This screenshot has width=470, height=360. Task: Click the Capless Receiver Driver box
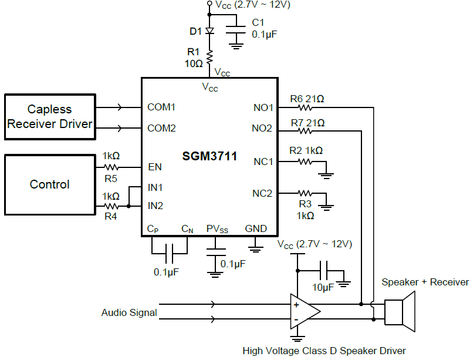pyautogui.click(x=50, y=116)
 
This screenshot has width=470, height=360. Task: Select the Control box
pyautogui.click(x=50, y=184)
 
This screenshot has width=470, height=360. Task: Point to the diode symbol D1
pyautogui.click(x=209, y=31)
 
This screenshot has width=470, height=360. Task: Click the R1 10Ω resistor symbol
pyautogui.click(x=209, y=56)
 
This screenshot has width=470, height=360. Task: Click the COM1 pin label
pyautogui.click(x=161, y=107)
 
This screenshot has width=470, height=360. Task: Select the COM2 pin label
pyautogui.click(x=161, y=128)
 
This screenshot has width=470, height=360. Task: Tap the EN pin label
pyautogui.click(x=155, y=167)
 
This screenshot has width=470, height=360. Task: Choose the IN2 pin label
pyautogui.click(x=155, y=206)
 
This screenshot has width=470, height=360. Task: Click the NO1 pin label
pyautogui.click(x=263, y=107)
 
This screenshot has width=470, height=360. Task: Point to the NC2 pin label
pyautogui.click(x=262, y=193)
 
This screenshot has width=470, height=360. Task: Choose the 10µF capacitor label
pyautogui.click(x=323, y=287)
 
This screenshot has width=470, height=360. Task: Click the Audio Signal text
pyautogui.click(x=129, y=313)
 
